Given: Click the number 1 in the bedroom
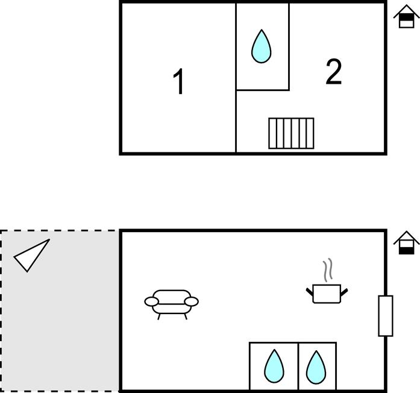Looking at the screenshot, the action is pyautogui.click(x=178, y=81).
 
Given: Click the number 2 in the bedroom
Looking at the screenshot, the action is pyautogui.click(x=334, y=72).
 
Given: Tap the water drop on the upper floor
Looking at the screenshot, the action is pyautogui.click(x=261, y=46).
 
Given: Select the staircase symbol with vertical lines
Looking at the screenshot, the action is pyautogui.click(x=291, y=133).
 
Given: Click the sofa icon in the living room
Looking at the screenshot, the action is pyautogui.click(x=171, y=304).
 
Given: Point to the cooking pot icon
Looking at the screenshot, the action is pyautogui.click(x=327, y=294).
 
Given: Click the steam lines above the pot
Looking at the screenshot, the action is pyautogui.click(x=328, y=270).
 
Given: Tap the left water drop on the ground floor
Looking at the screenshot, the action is pyautogui.click(x=274, y=366).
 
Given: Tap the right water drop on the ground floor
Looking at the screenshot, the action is pyautogui.click(x=316, y=367).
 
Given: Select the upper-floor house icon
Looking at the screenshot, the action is pyautogui.click(x=406, y=16).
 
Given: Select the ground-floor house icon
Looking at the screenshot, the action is pyautogui.click(x=406, y=243).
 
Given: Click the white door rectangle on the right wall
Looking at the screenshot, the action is pyautogui.click(x=386, y=316).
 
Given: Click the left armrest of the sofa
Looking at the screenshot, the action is pyautogui.click(x=152, y=301).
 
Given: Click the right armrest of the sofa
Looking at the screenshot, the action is pyautogui.click(x=191, y=301).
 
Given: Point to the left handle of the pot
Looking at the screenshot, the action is pyautogui.click(x=310, y=292).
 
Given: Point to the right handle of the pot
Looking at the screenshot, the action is pyautogui.click(x=344, y=292).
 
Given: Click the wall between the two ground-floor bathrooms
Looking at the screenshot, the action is pyautogui.click(x=298, y=366).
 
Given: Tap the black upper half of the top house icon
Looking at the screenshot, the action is pyautogui.click(x=406, y=17).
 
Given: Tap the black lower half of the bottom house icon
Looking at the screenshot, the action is pyautogui.click(x=406, y=251).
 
